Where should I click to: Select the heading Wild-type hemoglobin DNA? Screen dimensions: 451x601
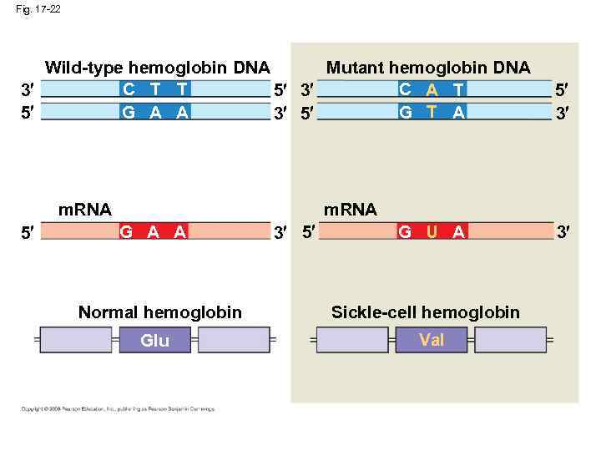point(157,67)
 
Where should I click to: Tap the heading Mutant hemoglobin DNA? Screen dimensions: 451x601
point(427,67)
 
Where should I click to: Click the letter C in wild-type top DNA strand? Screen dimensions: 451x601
point(129,89)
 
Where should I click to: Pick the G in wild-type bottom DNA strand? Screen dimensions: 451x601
point(129,113)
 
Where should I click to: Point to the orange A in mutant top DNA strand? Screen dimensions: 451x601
point(432,89)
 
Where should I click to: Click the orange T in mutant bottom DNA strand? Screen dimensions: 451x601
point(432,113)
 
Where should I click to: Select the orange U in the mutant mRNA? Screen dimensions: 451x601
point(432,232)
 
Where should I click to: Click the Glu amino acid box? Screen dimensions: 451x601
point(154,341)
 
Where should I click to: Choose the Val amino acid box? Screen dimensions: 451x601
point(432,340)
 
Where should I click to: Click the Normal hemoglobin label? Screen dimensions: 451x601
point(159,312)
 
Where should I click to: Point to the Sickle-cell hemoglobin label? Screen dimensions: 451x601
point(425,312)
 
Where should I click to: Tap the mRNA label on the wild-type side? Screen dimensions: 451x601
point(84,209)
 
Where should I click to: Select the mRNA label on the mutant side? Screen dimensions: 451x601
point(350,209)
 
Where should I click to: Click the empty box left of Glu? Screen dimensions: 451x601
point(76,341)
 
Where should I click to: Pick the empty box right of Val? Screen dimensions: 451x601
point(509,340)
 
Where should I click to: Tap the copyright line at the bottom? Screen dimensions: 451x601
point(118,409)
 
